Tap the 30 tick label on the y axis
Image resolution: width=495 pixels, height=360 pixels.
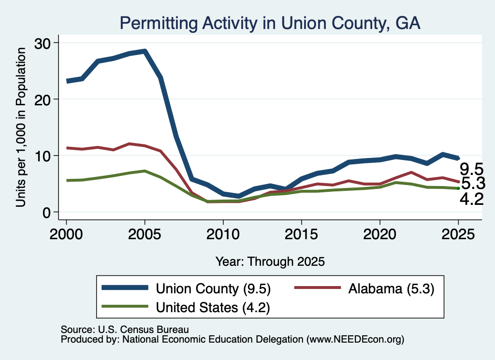[43, 43]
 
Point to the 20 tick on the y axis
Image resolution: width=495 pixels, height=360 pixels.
[43, 100]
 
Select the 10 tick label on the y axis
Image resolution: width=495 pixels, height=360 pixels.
[43, 156]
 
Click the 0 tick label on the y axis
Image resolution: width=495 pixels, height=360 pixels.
[46, 213]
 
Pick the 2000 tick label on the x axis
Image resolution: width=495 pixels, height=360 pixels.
[66, 234]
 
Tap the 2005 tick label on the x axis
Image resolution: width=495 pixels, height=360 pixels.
[145, 234]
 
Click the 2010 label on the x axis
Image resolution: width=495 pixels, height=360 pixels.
[223, 234]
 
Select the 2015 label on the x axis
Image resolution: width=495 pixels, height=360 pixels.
[302, 234]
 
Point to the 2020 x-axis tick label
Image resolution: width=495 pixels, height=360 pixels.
[380, 234]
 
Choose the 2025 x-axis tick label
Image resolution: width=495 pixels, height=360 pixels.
[458, 234]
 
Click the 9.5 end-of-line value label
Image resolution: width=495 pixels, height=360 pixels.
[471, 169]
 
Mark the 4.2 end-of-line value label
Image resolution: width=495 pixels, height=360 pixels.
[472, 199]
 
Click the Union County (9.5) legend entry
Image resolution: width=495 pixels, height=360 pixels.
[186, 288]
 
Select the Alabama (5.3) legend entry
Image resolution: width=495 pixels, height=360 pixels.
[364, 288]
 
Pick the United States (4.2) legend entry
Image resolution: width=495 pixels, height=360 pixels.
[186, 307]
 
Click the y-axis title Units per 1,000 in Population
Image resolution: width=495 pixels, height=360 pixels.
[21, 127]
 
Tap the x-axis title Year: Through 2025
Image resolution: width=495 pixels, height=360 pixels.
[270, 261]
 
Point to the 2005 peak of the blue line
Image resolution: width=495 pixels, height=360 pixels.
[145, 51]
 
